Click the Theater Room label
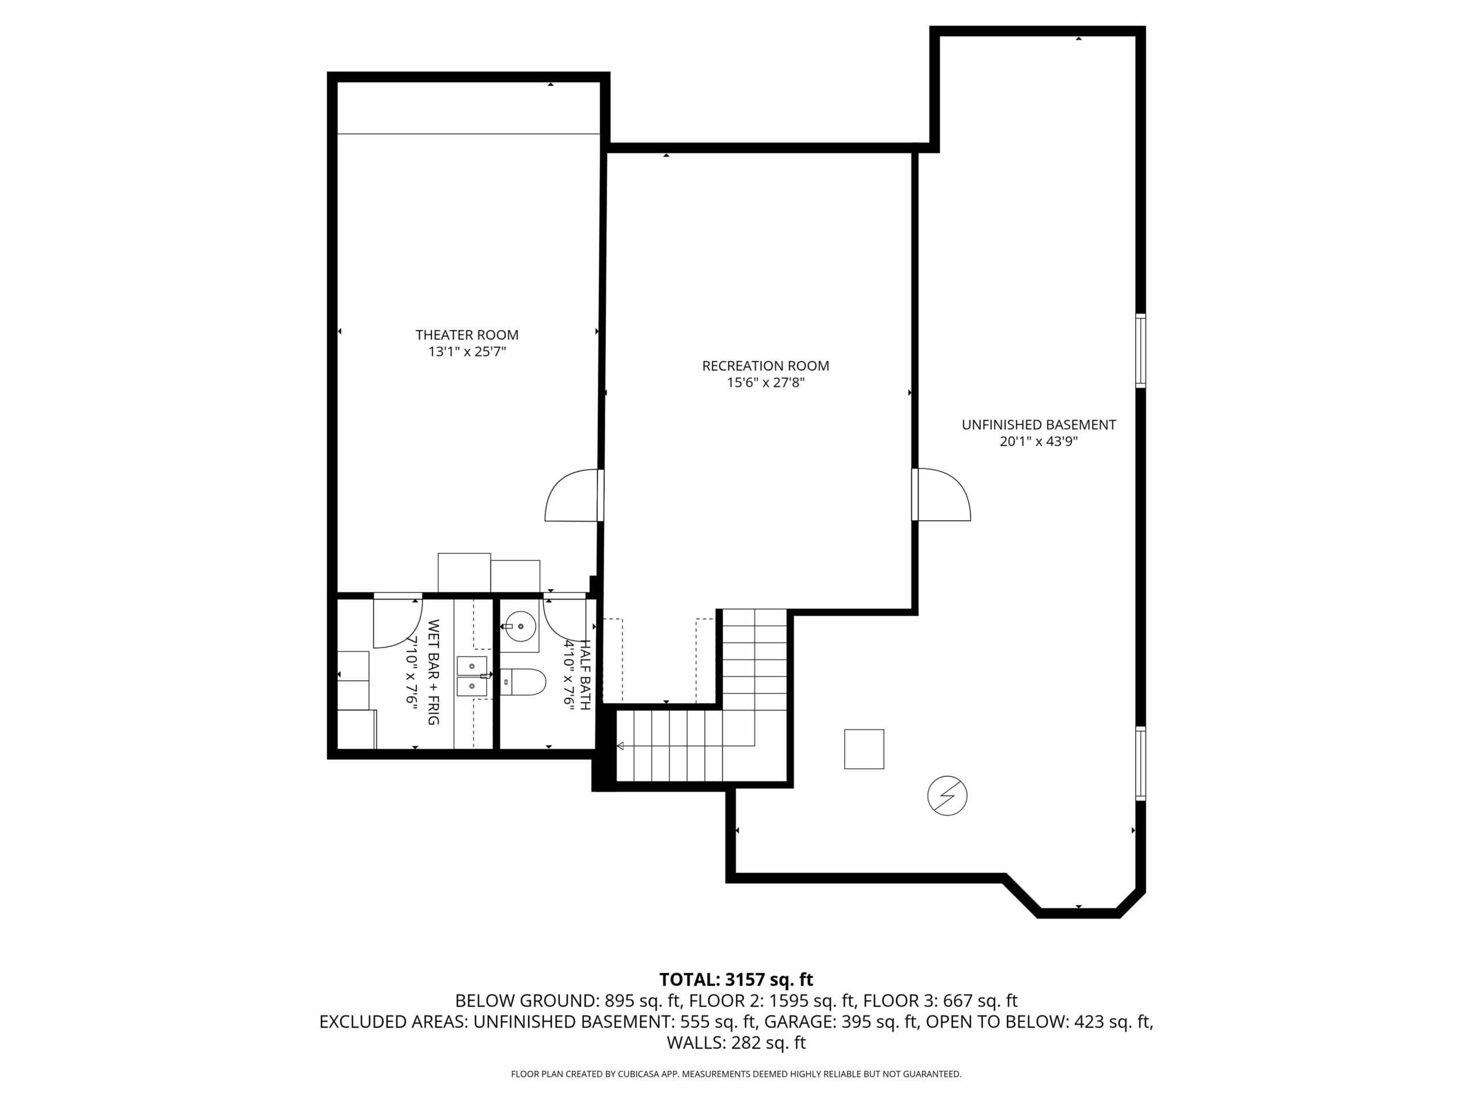(467, 335)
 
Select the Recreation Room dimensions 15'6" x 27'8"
(766, 382)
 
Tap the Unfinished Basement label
(1039, 424)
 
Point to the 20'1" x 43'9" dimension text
(1039, 441)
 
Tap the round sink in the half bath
(520, 626)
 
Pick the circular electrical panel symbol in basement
(947, 795)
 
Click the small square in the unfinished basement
(864, 749)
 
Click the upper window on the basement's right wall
(1140, 351)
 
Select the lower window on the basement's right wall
(1140, 763)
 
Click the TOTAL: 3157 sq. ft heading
(736, 980)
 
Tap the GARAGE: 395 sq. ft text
(841, 1021)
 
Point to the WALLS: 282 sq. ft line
(736, 1043)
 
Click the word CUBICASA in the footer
(640, 1074)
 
